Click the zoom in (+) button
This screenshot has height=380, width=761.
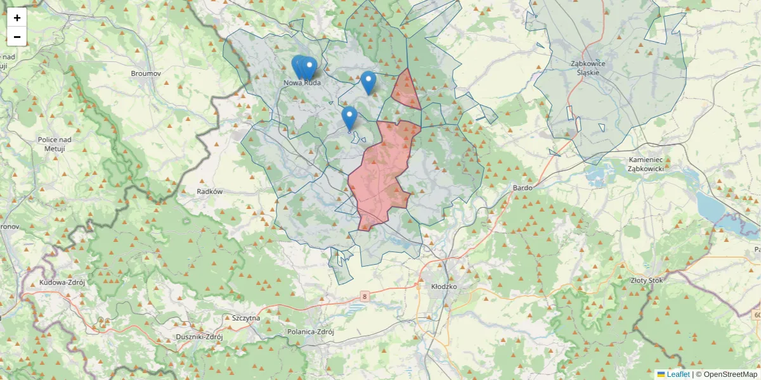pos(17,18)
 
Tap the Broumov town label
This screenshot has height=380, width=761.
pos(146,73)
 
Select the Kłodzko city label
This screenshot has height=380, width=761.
pos(444,286)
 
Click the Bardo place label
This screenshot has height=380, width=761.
pos(523,188)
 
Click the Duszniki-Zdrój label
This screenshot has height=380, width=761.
pos(199,337)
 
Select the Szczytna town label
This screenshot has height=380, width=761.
pos(246,318)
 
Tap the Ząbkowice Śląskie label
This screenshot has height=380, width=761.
pos(588,68)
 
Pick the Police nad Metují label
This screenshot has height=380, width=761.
pos(56,144)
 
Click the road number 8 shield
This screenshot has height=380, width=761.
pos(365,296)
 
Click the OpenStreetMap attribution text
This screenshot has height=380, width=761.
pos(726,374)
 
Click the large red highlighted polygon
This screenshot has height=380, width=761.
pos(380,171)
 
